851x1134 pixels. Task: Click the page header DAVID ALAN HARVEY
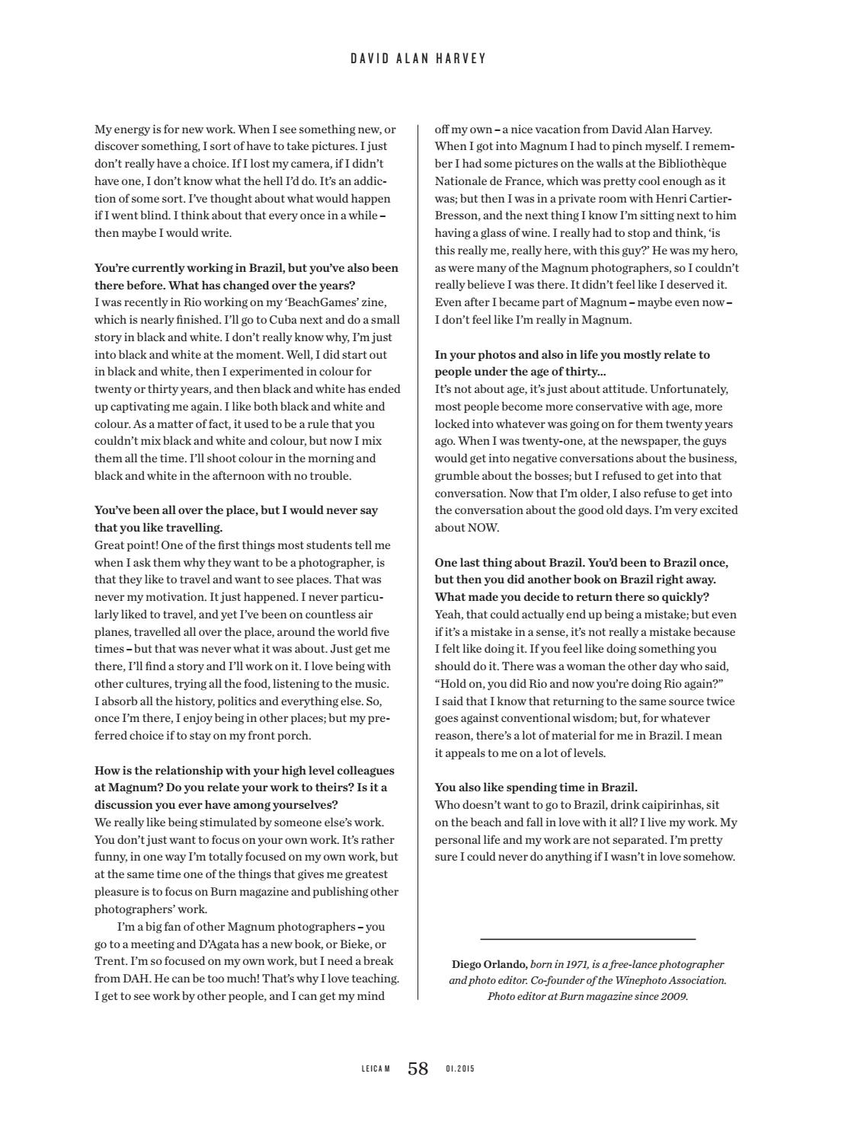pos(418,59)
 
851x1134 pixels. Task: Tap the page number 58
pos(418,1069)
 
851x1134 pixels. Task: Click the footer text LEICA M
pos(376,1069)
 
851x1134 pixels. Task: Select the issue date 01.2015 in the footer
pos(460,1069)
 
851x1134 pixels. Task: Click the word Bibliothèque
pos(692,164)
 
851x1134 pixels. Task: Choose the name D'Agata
pos(203,944)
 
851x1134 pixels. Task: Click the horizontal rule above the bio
pos(587,939)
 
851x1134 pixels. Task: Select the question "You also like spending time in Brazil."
pos(536,787)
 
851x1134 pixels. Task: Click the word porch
pos(294,736)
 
